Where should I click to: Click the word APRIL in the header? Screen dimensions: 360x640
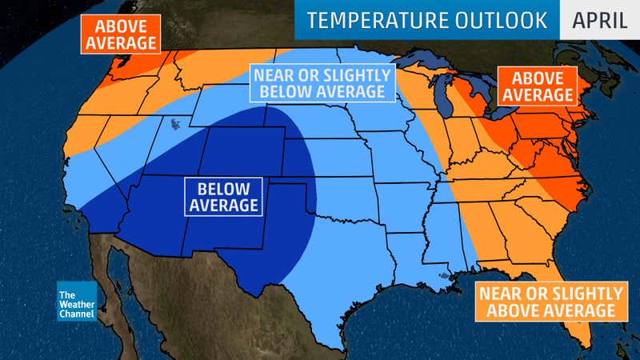pos(599,20)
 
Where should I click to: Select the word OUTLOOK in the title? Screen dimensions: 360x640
pos(497,20)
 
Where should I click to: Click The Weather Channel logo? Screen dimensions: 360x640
pos(77,302)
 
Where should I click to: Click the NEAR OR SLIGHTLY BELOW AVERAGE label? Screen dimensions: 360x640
pos(322,83)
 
